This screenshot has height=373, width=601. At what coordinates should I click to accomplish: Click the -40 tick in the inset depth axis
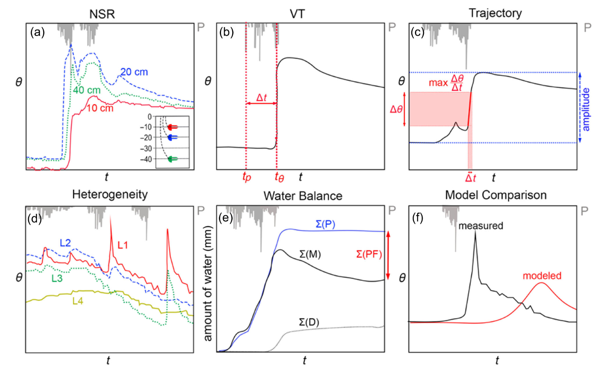[x=155, y=159]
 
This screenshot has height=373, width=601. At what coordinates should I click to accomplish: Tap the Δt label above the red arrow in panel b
[x=262, y=99]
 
